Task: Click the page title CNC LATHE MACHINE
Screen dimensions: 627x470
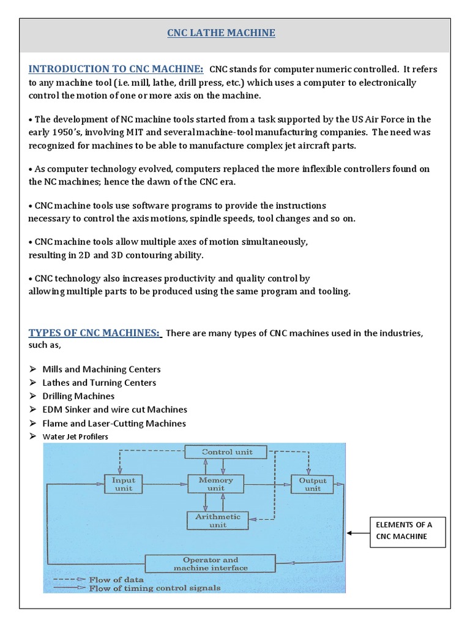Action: tap(222, 32)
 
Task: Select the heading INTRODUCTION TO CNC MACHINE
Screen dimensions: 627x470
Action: tap(116, 69)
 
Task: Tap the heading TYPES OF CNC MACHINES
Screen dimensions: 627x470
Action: tap(95, 332)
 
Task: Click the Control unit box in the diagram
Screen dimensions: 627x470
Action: tap(226, 452)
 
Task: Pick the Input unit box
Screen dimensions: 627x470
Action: tap(123, 484)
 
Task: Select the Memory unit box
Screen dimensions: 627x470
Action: tap(215, 484)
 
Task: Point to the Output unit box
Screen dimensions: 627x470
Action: tap(312, 484)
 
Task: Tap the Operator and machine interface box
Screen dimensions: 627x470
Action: tap(211, 563)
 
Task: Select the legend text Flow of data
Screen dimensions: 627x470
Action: tap(117, 579)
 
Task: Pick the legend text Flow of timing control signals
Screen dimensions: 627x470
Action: tap(154, 588)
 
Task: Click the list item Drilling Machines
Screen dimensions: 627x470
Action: tap(78, 396)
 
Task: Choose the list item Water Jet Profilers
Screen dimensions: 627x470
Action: tap(75, 437)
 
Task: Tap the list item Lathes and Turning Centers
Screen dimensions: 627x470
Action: tap(99, 383)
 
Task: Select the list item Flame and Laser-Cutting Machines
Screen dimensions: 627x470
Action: tap(114, 423)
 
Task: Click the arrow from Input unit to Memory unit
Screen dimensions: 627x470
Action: tap(165, 484)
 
